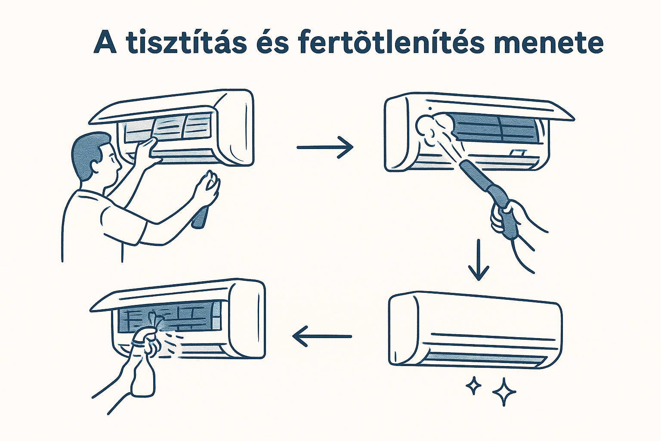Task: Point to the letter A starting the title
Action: click(x=105, y=42)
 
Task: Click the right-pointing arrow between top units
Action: click(x=325, y=147)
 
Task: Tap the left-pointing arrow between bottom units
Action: click(x=322, y=336)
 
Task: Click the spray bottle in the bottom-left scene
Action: click(x=142, y=370)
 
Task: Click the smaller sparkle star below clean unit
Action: click(x=474, y=385)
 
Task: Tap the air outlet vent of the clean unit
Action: click(x=482, y=357)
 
